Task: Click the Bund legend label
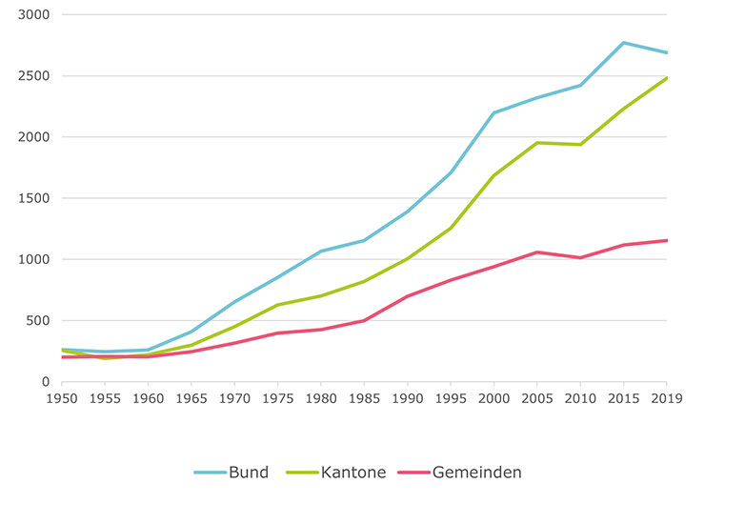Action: pos(249,472)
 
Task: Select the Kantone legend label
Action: pos(353,472)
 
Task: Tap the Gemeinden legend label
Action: pos(476,472)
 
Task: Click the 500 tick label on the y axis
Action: pos(38,320)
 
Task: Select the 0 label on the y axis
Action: pos(45,381)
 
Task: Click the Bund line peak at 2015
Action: pos(623,43)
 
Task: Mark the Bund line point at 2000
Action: pos(493,112)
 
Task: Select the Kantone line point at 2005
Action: pos(537,143)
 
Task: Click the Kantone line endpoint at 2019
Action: pos(666,78)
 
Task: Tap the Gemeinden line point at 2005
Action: pos(537,252)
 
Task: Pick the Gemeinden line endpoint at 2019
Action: pos(666,240)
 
